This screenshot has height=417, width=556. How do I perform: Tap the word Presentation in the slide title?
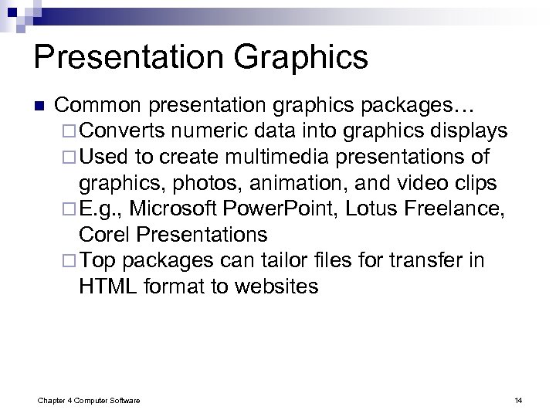(119, 59)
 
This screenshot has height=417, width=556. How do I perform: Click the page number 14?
(519, 399)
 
